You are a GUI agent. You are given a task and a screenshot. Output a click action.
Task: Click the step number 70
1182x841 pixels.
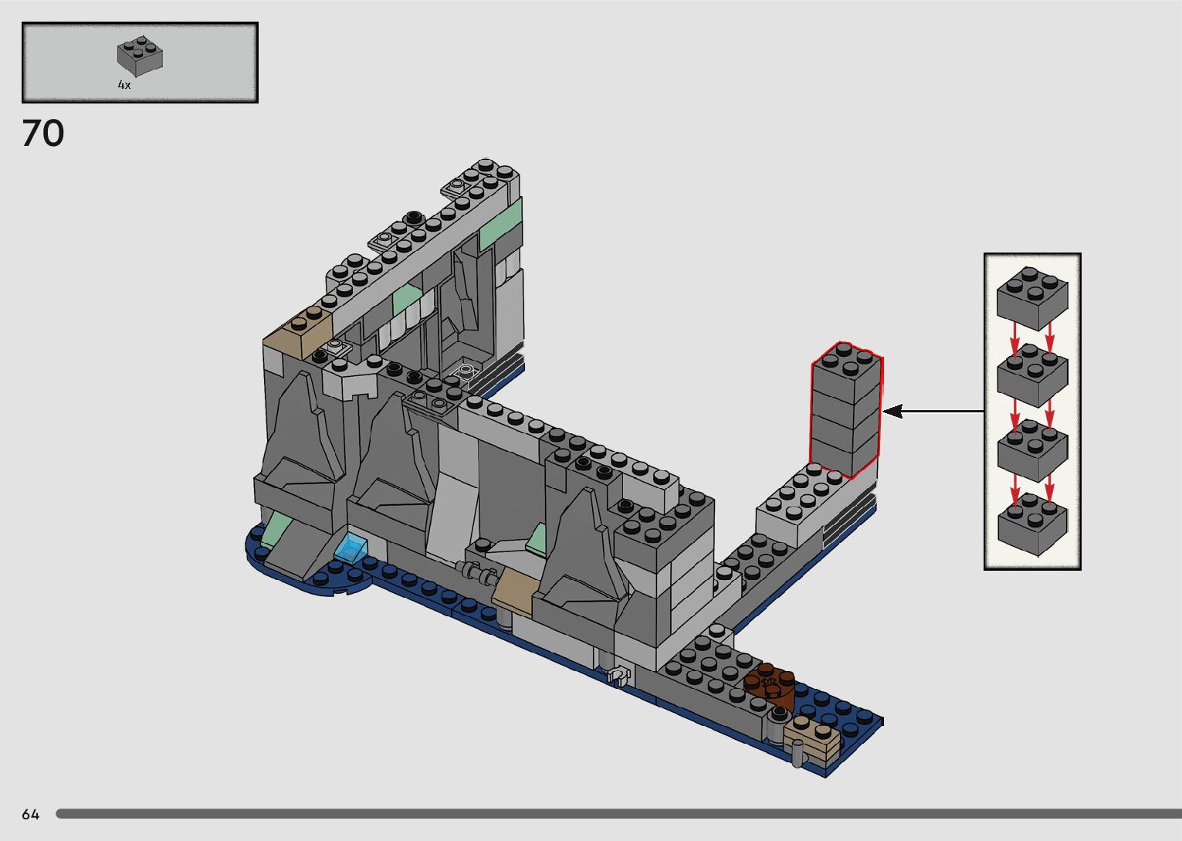click(43, 133)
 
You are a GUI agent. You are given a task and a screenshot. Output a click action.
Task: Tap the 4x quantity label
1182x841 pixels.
click(124, 84)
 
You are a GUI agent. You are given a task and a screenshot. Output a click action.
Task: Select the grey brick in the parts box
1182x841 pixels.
click(140, 56)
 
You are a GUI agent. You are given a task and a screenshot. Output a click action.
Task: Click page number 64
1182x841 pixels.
click(31, 815)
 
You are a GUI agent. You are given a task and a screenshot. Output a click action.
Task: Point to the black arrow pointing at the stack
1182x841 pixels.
click(933, 411)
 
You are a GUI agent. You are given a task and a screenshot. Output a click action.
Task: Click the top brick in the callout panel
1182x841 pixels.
click(1032, 298)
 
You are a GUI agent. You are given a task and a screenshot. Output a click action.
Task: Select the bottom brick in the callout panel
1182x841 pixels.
click(1033, 524)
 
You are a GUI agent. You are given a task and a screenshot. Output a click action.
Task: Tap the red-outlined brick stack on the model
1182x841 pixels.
click(846, 409)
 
